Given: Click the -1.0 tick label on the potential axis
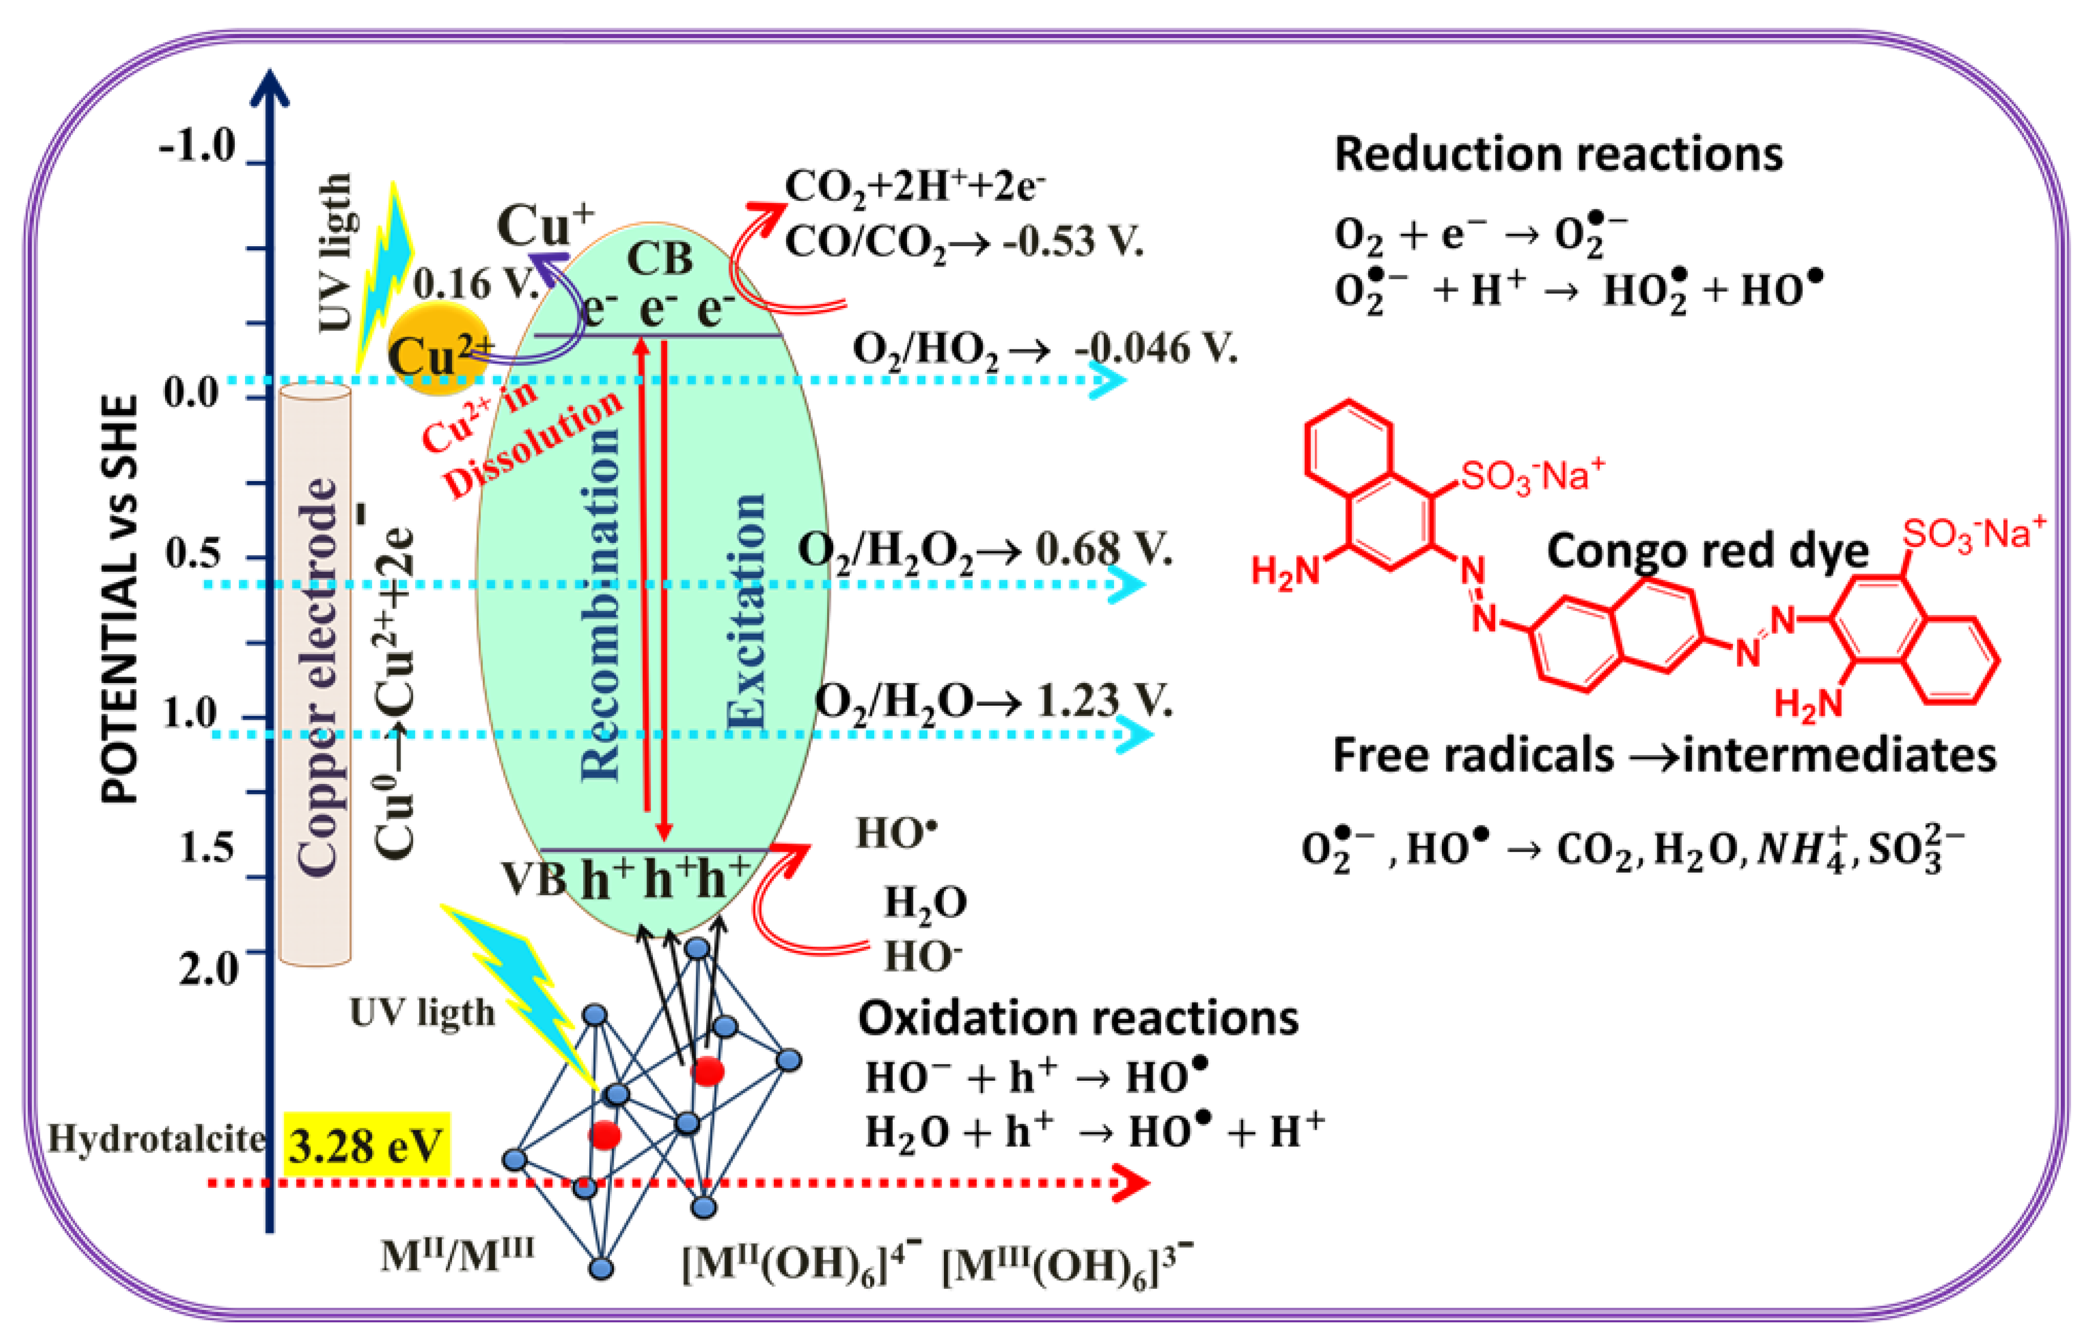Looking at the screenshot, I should click(x=197, y=146).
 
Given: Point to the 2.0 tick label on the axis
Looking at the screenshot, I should click(x=209, y=967).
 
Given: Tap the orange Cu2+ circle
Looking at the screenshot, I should click(x=437, y=355).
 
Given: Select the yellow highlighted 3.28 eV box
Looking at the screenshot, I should click(x=366, y=1145).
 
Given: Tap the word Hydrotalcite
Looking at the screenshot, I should click(x=157, y=1138).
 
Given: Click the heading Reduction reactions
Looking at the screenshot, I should click(x=1558, y=155).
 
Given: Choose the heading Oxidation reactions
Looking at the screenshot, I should click(x=1077, y=1018).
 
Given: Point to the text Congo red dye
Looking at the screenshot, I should click(x=1707, y=551).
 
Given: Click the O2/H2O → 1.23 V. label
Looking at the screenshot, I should click(x=993, y=700).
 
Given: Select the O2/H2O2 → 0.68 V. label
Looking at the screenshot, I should click(x=984, y=549).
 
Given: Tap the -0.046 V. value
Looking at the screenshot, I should click(x=1155, y=348).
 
